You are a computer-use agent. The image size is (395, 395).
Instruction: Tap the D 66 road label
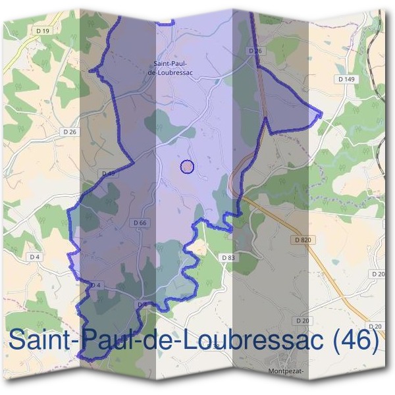[139, 223]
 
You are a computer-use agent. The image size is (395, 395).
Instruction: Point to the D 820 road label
[302, 240]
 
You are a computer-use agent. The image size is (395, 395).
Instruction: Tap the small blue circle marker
[187, 167]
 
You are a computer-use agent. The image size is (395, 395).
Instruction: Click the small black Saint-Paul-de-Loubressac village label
[171, 67]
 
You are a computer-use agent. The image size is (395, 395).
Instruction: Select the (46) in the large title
[356, 340]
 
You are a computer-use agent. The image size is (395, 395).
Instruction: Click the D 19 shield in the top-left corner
[43, 30]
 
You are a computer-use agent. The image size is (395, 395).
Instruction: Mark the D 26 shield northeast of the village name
[255, 51]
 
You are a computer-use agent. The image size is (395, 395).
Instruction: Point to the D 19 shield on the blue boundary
[108, 173]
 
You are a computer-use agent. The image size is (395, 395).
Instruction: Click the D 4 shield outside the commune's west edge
[35, 256]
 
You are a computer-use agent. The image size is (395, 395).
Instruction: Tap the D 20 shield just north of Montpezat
[303, 320]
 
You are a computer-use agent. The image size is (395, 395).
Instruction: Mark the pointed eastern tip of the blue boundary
[321, 113]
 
